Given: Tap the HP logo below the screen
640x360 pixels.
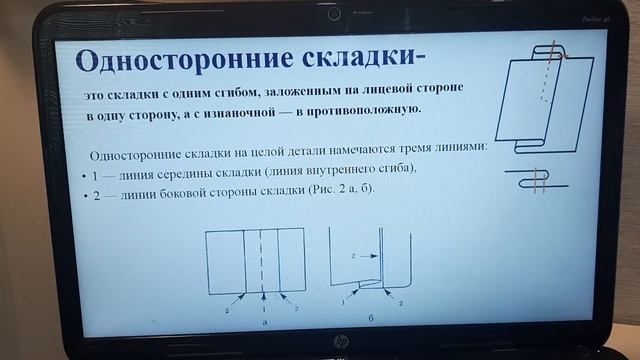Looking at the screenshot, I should (x=340, y=342).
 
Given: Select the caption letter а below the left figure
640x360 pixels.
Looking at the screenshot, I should (x=263, y=322).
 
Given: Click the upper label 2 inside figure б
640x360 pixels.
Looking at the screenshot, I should (x=353, y=257).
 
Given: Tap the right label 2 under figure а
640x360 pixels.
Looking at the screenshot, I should (x=297, y=309).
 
